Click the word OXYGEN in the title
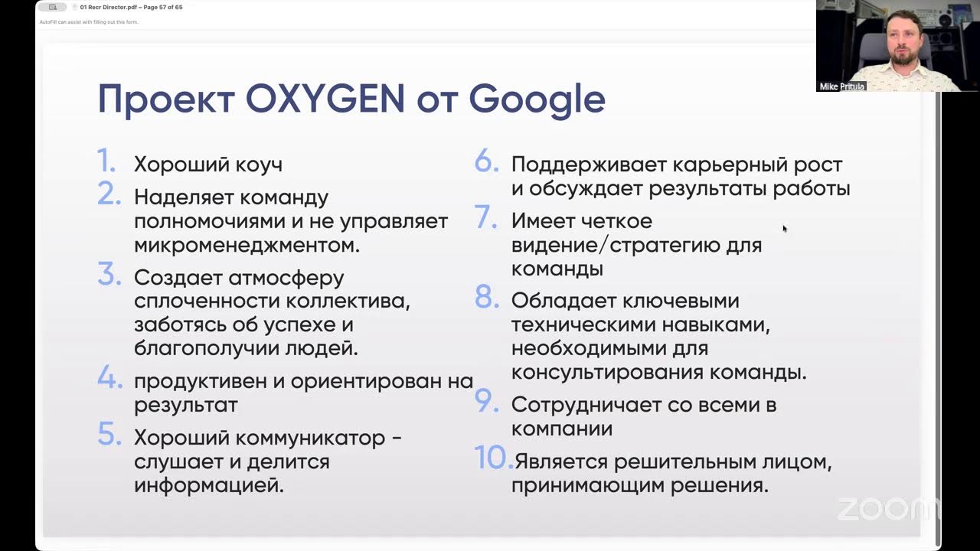click(x=325, y=99)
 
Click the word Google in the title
click(x=537, y=100)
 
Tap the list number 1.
click(x=106, y=161)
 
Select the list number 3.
click(x=109, y=274)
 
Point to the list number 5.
click(x=109, y=435)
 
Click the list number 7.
click(x=487, y=217)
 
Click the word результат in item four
click(x=185, y=405)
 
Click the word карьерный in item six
click(x=718, y=165)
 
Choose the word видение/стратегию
click(x=636, y=246)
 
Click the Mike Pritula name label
click(x=841, y=86)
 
